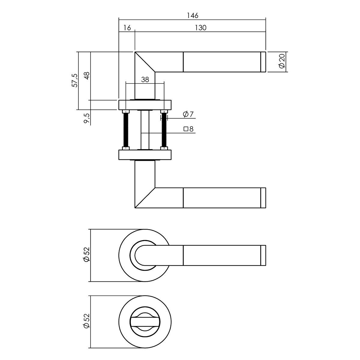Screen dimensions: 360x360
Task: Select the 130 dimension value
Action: (200, 28)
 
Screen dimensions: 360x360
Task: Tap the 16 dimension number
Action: (127, 28)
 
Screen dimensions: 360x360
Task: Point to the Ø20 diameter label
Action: (281, 62)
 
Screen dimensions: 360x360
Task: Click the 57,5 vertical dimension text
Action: (74, 80)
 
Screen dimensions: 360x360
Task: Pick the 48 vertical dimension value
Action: (87, 76)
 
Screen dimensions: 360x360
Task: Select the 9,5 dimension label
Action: (87, 118)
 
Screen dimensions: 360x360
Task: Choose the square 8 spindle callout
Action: (189, 129)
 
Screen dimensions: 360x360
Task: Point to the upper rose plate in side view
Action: (145, 105)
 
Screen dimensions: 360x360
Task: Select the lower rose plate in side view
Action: (145, 155)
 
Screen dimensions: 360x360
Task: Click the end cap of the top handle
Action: (263, 62)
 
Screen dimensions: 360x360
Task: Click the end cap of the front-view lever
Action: (263, 256)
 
